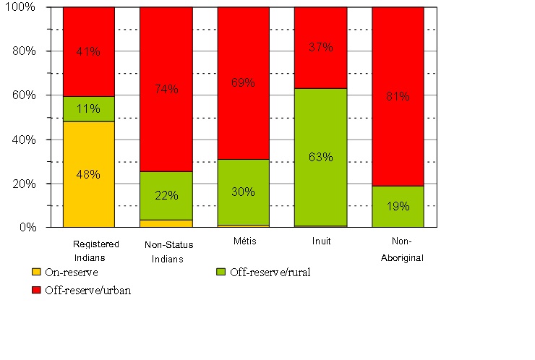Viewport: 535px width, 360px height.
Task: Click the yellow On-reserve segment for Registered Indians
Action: (89, 195)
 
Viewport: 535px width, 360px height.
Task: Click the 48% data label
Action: (89, 174)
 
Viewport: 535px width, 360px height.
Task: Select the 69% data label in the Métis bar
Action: (244, 82)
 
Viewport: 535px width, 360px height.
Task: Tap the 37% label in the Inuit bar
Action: (321, 48)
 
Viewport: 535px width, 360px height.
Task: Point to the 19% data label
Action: (398, 206)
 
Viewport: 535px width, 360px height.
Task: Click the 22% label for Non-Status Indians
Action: (166, 196)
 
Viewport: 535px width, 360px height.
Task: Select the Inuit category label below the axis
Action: (321, 241)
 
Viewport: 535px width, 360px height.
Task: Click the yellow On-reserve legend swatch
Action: (36, 273)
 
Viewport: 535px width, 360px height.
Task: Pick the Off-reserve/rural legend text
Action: (269, 273)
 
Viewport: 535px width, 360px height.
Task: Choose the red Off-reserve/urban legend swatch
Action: (36, 290)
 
